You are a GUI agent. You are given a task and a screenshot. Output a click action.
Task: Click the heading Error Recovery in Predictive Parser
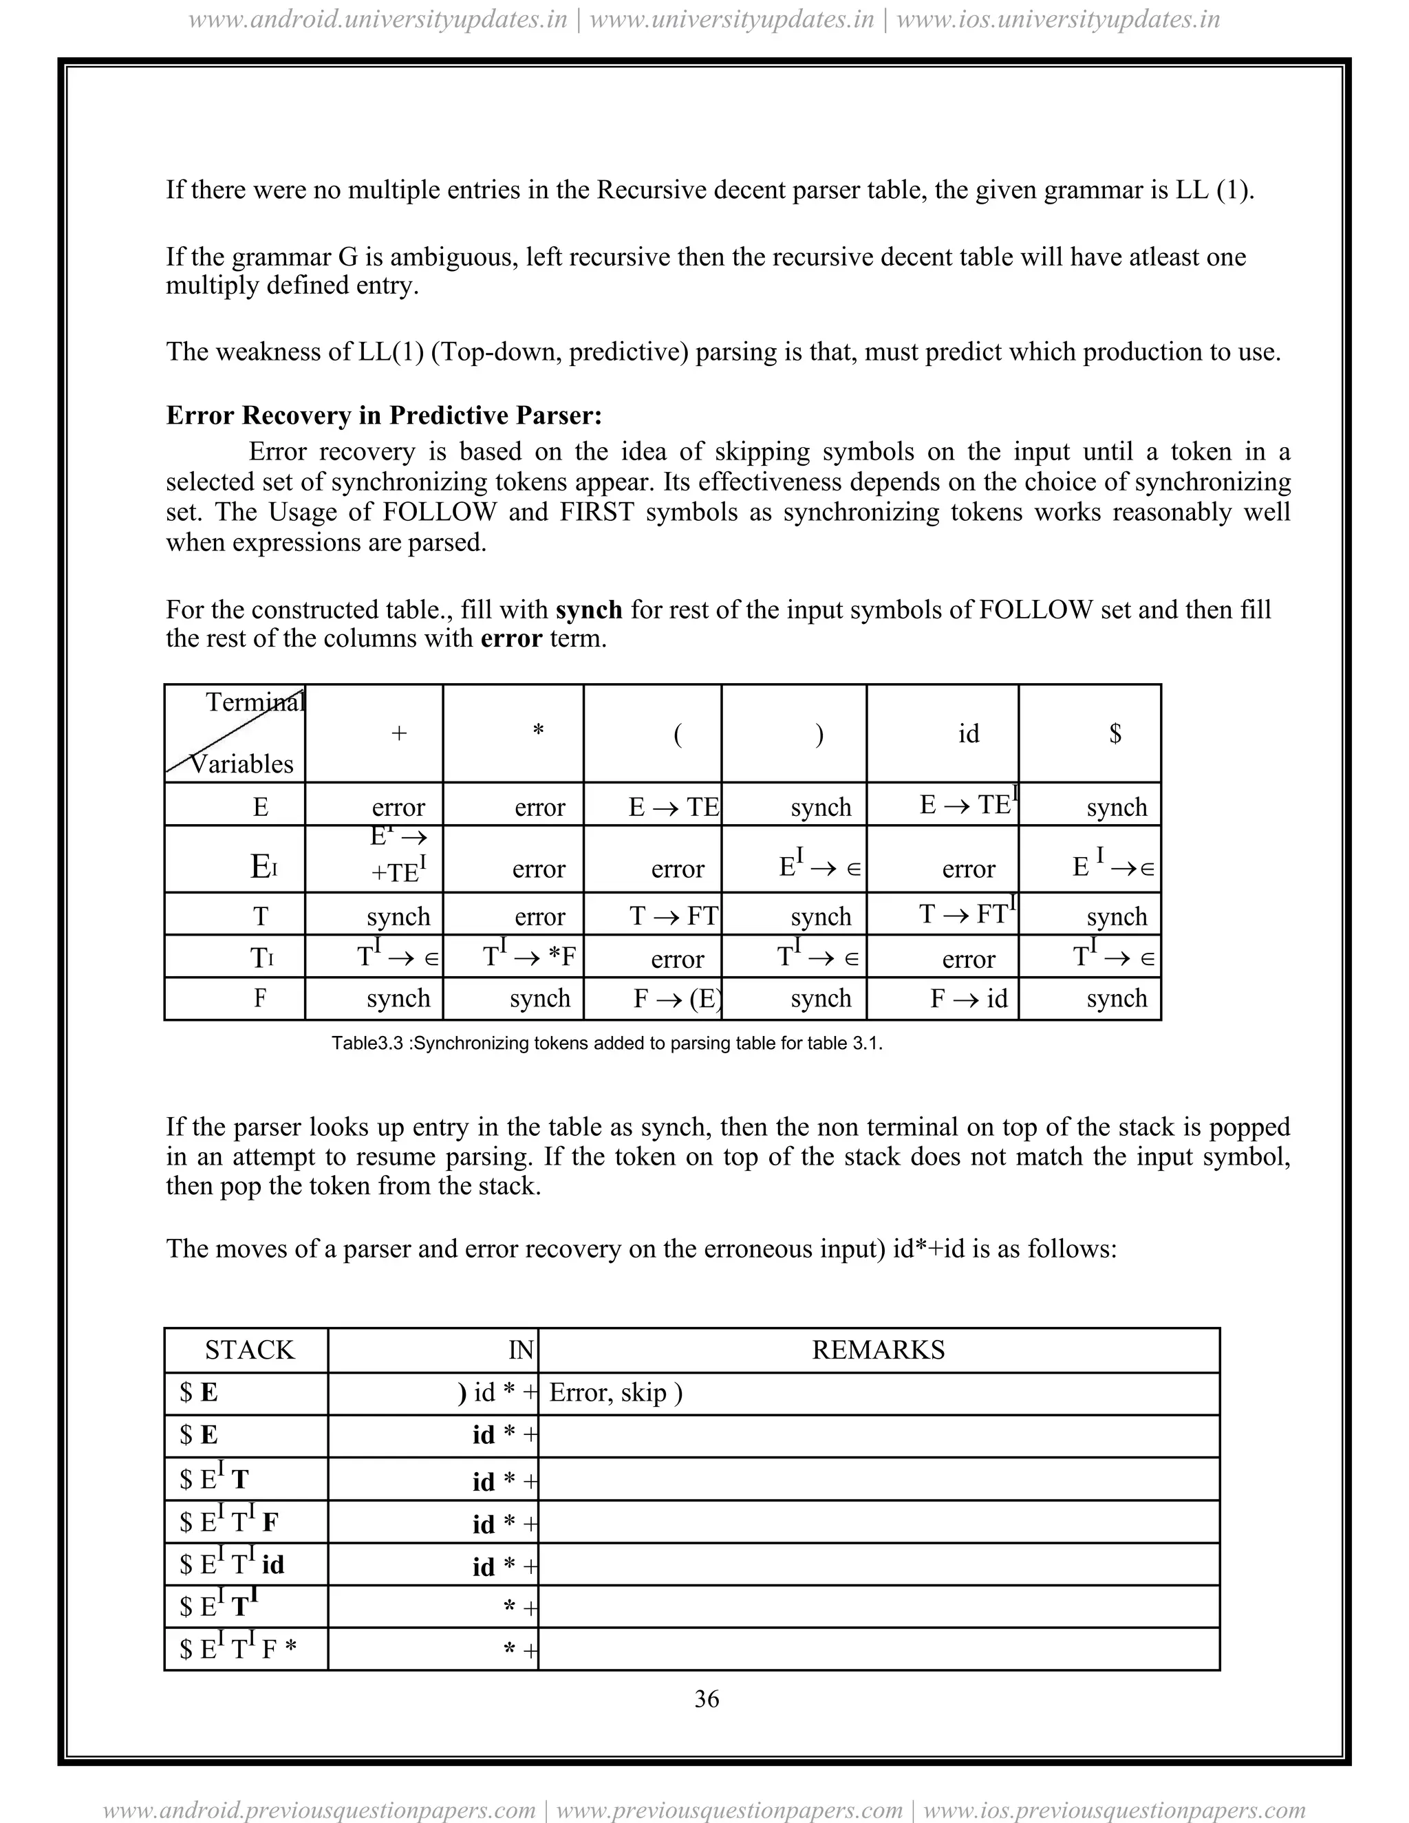click(x=384, y=415)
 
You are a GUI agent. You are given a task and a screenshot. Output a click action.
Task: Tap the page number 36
click(x=706, y=1698)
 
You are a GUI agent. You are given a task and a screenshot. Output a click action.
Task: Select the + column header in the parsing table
click(x=399, y=734)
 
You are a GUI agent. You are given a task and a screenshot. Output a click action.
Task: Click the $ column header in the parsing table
click(x=1115, y=734)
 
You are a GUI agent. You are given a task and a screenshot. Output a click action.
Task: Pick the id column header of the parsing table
click(x=968, y=734)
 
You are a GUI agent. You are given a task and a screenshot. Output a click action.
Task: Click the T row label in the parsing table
click(x=261, y=916)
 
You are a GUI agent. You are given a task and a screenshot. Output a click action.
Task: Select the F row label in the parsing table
click(x=261, y=998)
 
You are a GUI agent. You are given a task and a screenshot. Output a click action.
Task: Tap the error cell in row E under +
click(x=398, y=807)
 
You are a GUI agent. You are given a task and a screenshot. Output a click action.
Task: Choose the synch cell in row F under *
click(x=539, y=998)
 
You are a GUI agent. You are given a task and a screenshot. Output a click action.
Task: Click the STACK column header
click(x=250, y=1350)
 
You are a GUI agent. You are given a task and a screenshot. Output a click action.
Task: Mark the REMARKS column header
click(x=878, y=1350)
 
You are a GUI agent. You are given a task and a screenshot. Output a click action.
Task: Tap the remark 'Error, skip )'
click(x=616, y=1393)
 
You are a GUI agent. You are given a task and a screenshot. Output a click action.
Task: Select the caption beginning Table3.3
click(x=607, y=1044)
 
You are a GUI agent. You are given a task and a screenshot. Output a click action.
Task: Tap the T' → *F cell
click(x=529, y=956)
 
